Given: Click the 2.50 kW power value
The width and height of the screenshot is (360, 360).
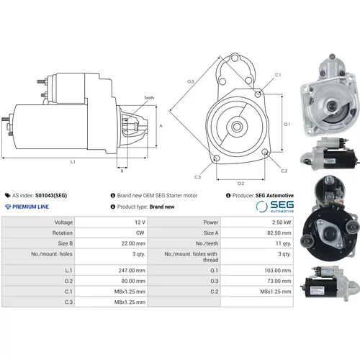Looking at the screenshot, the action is [282, 222].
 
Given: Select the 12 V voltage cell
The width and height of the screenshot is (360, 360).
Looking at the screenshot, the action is [140, 222].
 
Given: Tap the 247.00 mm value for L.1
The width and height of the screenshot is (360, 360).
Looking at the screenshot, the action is [132, 271].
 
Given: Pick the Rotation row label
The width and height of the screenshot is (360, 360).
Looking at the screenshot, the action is [63, 233].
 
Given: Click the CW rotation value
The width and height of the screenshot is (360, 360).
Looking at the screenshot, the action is [140, 233].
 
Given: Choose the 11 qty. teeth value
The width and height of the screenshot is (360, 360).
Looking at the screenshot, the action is [283, 243].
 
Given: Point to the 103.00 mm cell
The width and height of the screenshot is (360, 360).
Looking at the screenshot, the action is [278, 271].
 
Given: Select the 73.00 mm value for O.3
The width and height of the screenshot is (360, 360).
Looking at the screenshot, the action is [279, 281].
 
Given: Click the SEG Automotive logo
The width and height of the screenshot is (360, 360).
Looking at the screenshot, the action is [275, 206].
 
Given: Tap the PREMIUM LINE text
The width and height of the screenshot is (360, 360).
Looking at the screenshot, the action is [27, 207].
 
